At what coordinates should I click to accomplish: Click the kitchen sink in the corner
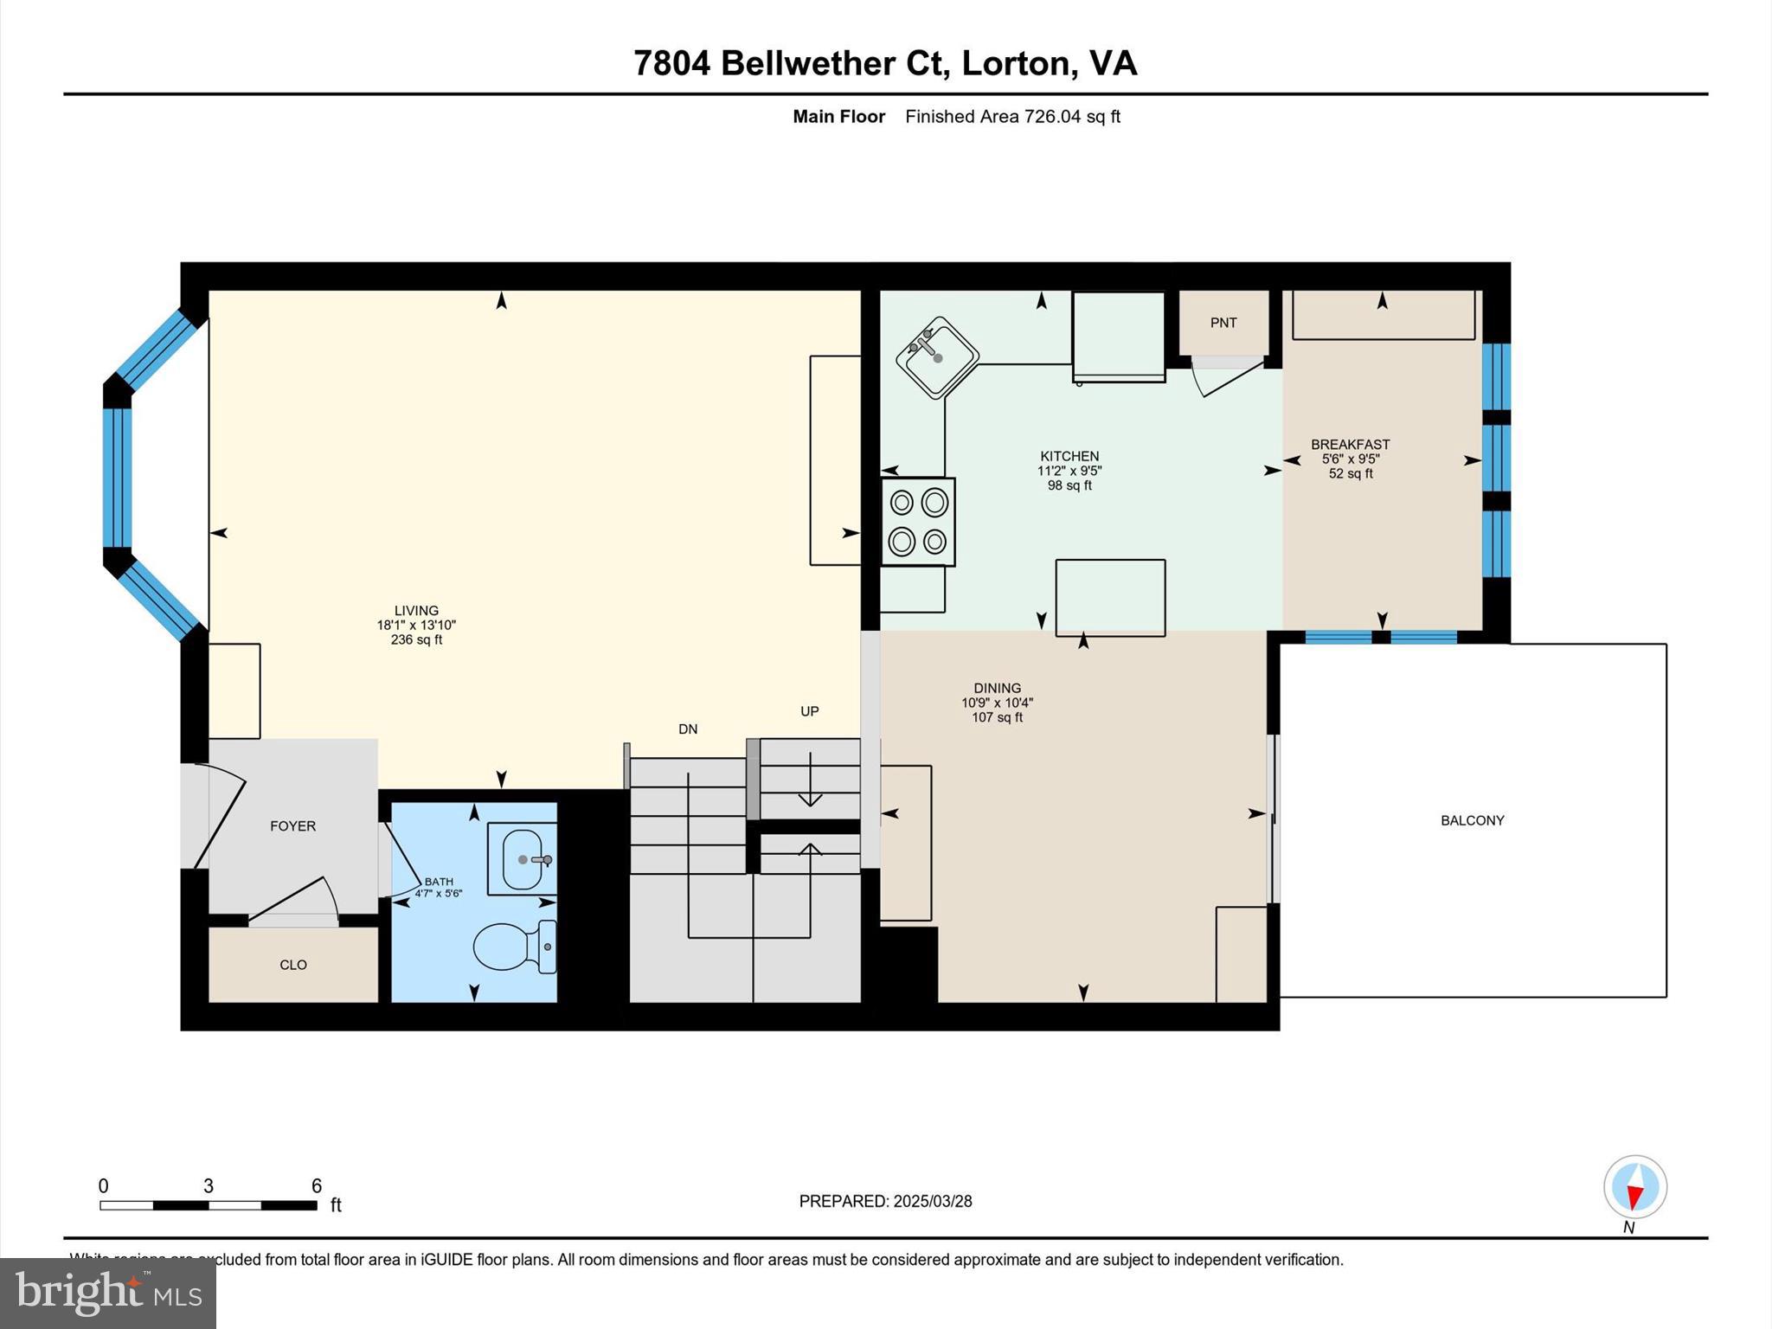(x=937, y=357)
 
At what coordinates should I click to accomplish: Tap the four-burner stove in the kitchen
(x=918, y=522)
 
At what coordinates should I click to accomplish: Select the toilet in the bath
(x=512, y=947)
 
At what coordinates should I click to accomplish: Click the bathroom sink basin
(x=523, y=859)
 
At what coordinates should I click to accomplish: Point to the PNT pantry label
(x=1223, y=323)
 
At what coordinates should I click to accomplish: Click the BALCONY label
(x=1472, y=820)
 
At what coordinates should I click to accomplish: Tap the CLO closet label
(x=293, y=965)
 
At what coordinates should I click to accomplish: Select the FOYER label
(x=292, y=826)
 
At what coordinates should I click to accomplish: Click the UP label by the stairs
(x=809, y=711)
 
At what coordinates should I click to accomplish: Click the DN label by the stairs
(x=688, y=729)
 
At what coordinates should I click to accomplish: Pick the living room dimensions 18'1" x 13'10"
(x=416, y=625)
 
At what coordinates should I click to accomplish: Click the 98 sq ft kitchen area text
(x=1069, y=486)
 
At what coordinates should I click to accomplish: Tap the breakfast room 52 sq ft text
(x=1351, y=474)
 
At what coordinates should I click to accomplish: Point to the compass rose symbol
(x=1634, y=1187)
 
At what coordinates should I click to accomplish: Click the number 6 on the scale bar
(x=317, y=1185)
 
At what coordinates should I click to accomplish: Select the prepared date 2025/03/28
(x=932, y=1201)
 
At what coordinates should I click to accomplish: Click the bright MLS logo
(x=108, y=1293)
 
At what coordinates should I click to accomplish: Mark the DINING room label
(x=997, y=688)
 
